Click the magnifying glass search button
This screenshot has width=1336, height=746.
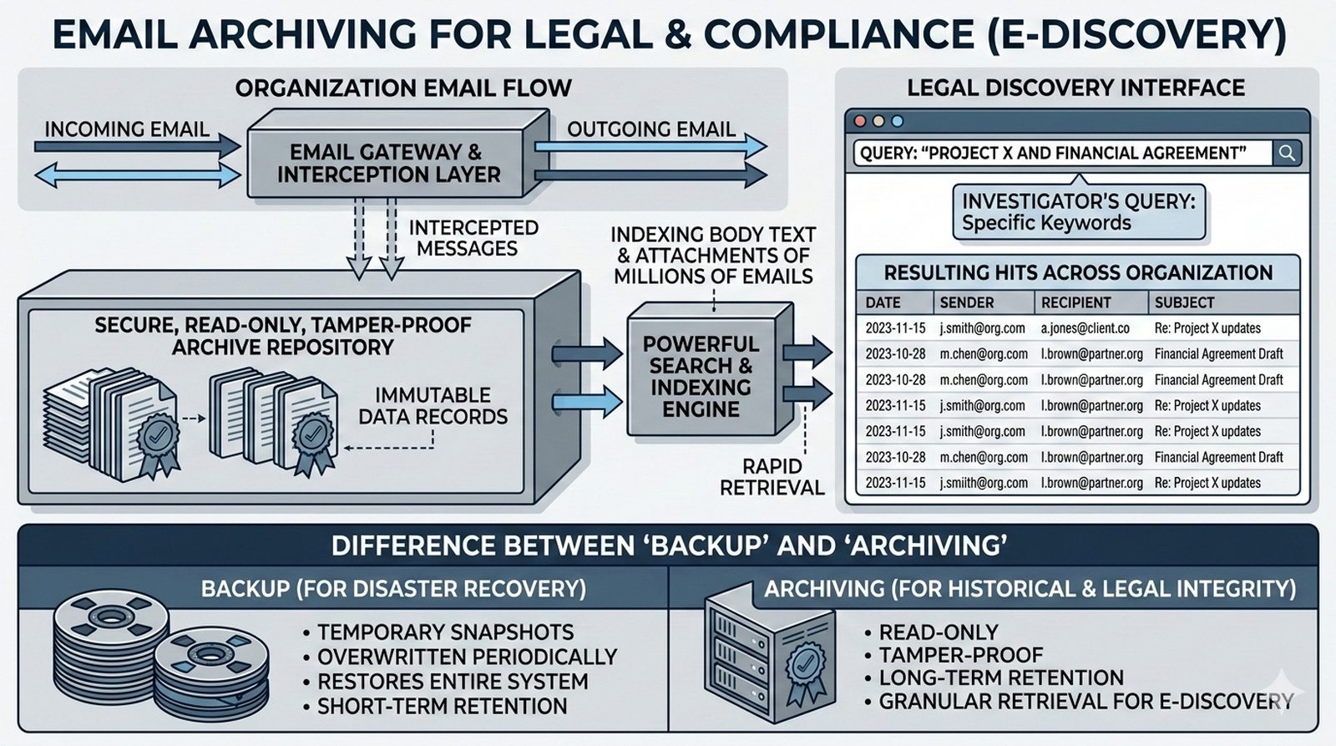point(1287,153)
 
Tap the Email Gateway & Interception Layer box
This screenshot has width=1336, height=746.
point(389,163)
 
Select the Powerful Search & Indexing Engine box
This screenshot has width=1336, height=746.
point(701,376)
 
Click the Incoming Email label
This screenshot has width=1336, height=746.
point(127,129)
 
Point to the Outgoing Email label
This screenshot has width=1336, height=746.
point(651,129)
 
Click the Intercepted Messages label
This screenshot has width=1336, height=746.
point(473,238)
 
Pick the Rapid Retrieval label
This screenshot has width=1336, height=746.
point(772,477)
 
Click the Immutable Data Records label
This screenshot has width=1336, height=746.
point(433,406)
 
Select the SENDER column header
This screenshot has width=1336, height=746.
point(966,302)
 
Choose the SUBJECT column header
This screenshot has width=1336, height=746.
point(1184,302)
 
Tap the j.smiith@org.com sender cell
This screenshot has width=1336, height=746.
point(982,483)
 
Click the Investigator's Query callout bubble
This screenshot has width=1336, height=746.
point(1078,212)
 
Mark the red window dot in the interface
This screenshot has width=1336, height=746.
point(859,121)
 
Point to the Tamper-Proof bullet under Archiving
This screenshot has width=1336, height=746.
point(960,655)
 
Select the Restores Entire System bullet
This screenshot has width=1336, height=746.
point(452,682)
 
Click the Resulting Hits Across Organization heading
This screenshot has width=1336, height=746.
point(1078,273)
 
